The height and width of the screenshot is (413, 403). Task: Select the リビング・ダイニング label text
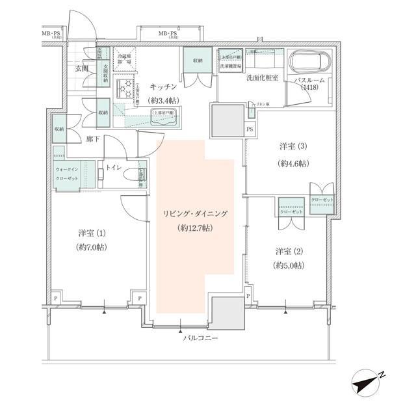click(x=195, y=213)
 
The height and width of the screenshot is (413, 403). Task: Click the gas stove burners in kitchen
click(x=125, y=88)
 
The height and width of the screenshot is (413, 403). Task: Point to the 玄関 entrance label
click(x=81, y=68)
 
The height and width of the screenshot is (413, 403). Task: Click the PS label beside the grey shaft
click(x=250, y=129)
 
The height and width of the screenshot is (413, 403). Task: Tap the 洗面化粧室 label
click(x=262, y=78)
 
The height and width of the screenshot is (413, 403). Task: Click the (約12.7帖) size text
click(x=195, y=228)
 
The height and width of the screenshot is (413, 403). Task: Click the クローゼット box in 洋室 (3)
click(x=321, y=203)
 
